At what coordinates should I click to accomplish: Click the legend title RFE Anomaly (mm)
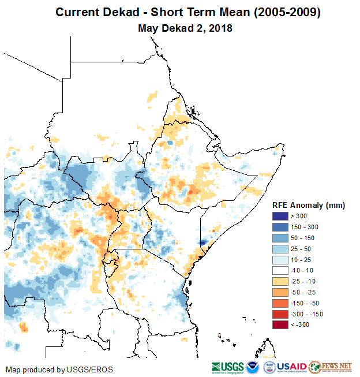(308, 205)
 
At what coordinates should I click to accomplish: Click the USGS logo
(227, 367)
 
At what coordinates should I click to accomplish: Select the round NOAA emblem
(253, 367)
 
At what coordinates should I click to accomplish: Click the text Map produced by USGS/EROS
(59, 369)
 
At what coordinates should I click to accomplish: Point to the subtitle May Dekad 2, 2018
(185, 28)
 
